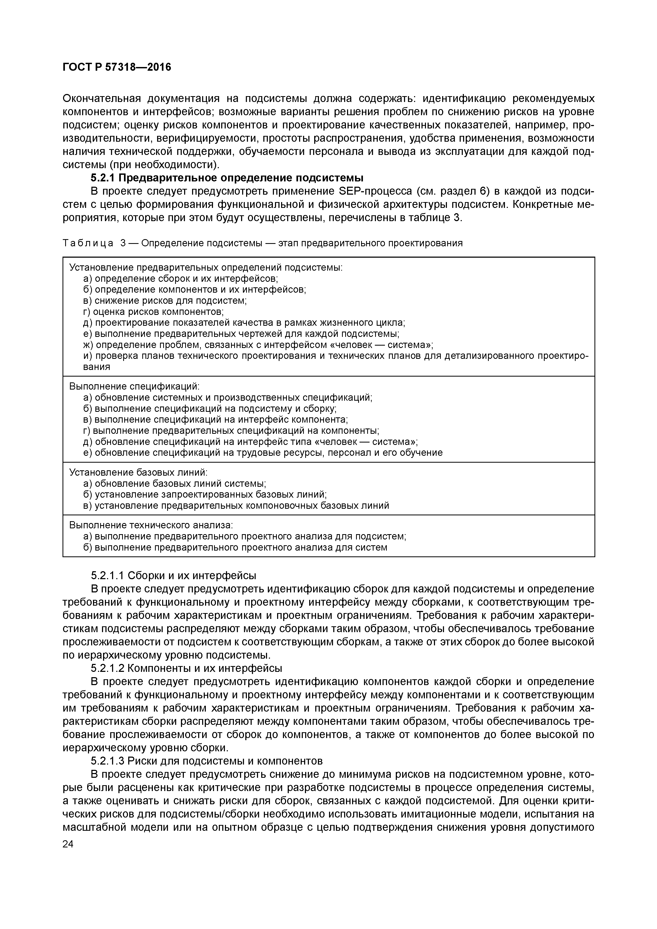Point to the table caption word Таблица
tap(88, 243)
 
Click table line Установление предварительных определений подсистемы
tap(206, 267)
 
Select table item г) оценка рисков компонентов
tap(153, 311)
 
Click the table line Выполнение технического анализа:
tap(151, 525)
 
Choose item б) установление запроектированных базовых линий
tap(205, 494)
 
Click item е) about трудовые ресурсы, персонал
tap(263, 452)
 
